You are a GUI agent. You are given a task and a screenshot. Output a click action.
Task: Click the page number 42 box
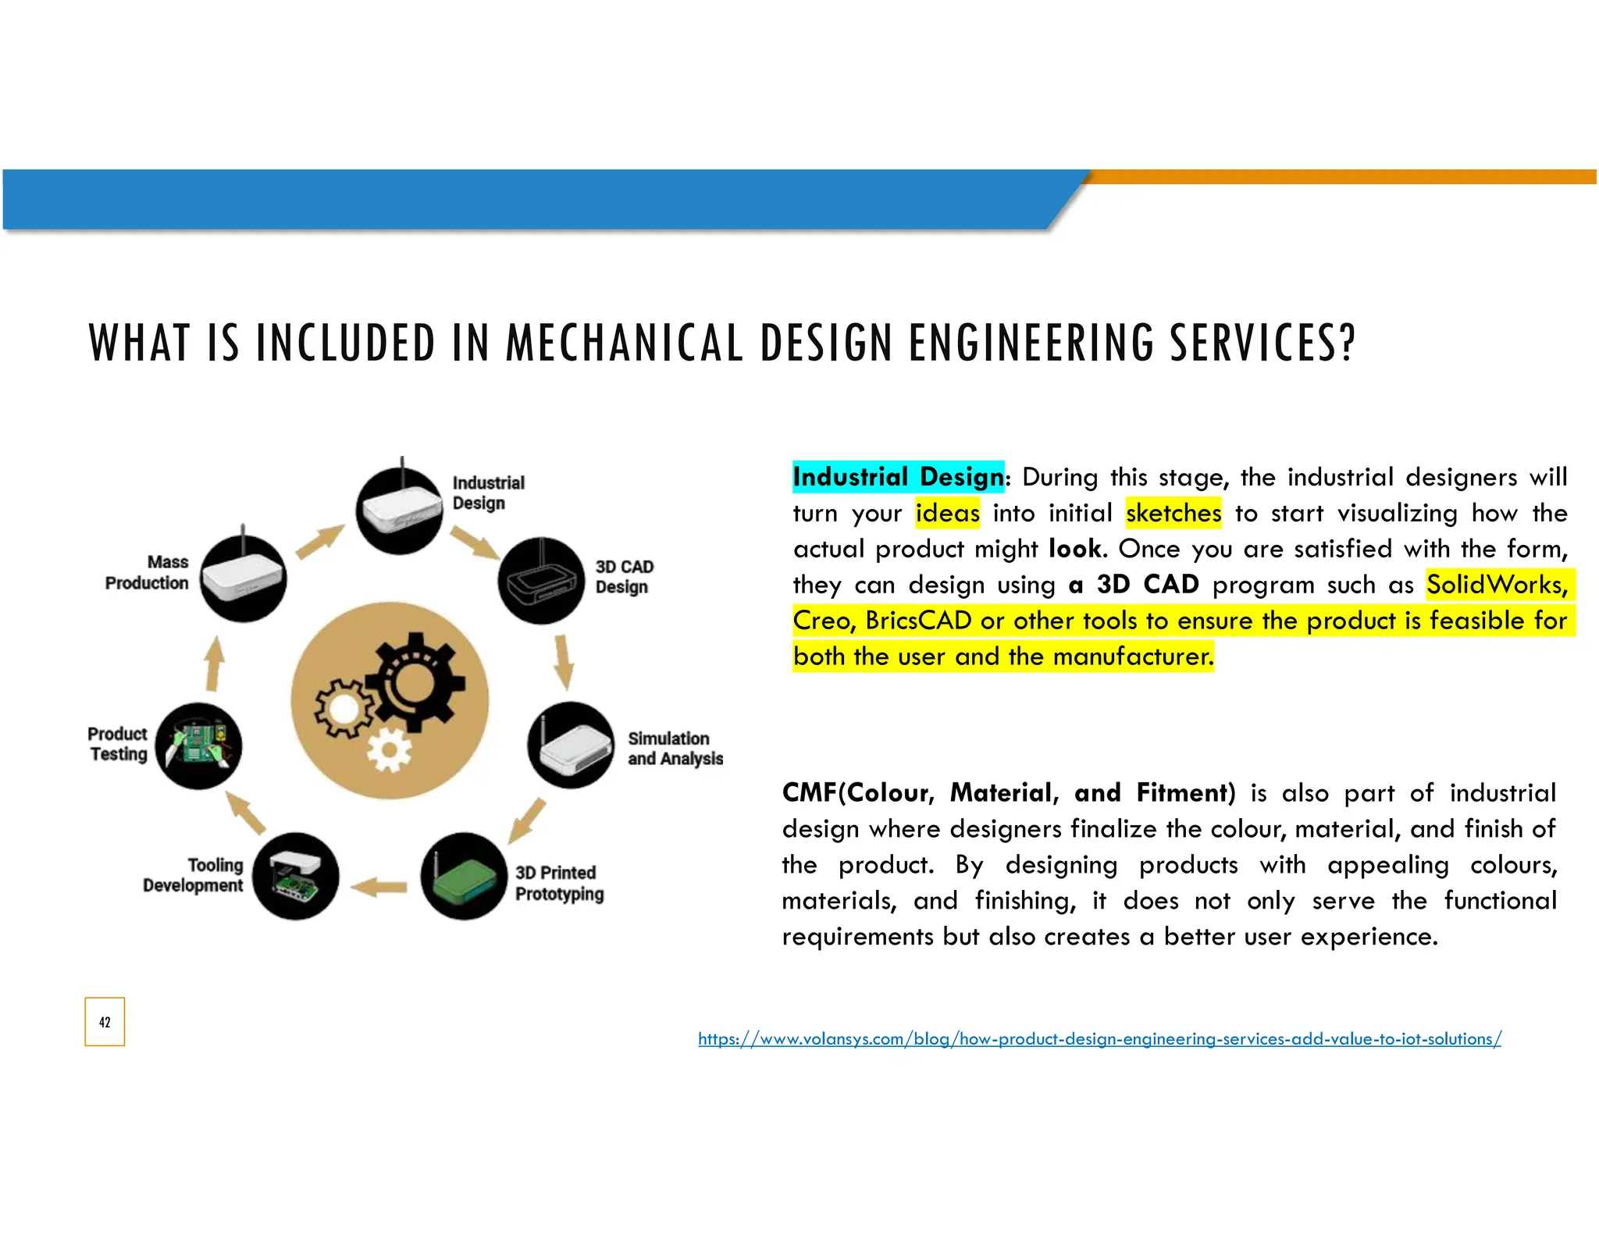[105, 1021]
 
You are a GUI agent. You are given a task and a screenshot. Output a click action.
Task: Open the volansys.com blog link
[1099, 1039]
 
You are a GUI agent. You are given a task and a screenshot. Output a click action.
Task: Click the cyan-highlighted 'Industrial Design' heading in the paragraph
[898, 477]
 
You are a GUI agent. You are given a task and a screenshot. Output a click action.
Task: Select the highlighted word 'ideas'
[947, 513]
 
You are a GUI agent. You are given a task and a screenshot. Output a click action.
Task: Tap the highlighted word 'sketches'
[1173, 513]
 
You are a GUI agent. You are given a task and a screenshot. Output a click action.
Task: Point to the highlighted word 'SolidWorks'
[1495, 585]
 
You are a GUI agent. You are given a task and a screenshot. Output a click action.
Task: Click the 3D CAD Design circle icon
[541, 581]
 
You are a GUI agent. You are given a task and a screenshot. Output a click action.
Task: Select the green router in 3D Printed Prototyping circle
[464, 876]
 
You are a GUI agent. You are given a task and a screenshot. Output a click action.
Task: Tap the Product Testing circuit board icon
[198, 746]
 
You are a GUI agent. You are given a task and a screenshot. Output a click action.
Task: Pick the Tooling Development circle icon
[296, 876]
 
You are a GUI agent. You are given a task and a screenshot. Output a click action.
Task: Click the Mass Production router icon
[243, 578]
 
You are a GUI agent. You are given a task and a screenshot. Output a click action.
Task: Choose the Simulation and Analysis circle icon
[572, 746]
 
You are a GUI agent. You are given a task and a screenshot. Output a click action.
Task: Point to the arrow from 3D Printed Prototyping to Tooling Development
[379, 887]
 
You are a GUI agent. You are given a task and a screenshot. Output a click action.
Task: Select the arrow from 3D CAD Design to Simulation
[563, 662]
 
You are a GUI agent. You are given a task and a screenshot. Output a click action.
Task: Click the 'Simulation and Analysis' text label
[675, 749]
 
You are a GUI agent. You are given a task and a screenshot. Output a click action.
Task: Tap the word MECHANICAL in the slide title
[624, 343]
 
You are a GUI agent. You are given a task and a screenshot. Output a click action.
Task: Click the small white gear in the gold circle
[389, 750]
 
